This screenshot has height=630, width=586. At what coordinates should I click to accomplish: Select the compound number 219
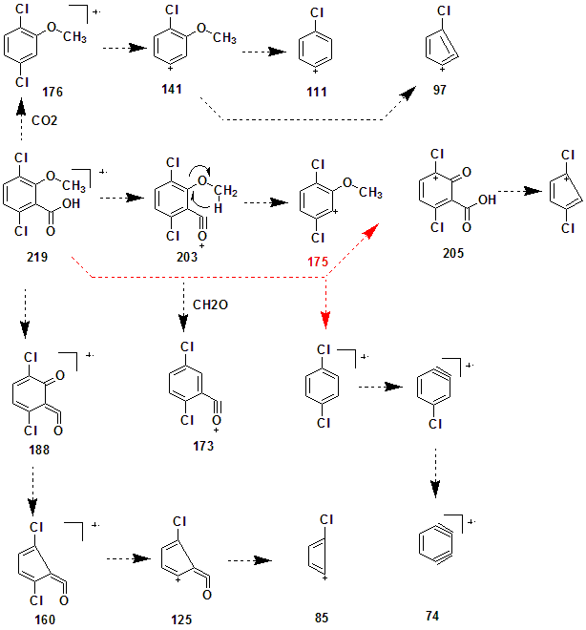coord(36,257)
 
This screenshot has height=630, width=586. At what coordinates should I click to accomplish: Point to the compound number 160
coord(43,619)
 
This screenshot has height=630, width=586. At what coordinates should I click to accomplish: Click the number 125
coord(181,619)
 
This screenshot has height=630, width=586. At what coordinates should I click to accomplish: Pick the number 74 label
coord(434,617)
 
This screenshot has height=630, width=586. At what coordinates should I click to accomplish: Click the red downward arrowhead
coord(326,318)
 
